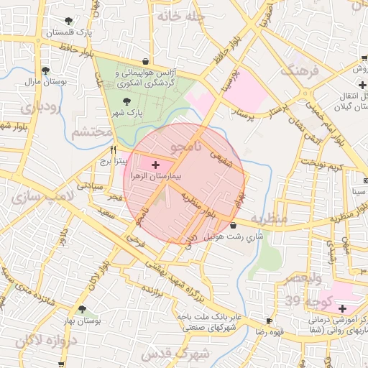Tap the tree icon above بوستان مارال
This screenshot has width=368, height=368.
coord(45,70)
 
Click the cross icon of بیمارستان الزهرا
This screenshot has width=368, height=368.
coord(157,165)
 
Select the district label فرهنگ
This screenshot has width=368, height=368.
coord(300,70)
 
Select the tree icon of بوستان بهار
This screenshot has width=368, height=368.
coord(81,309)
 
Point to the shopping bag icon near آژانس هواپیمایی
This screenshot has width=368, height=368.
coord(147,61)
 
